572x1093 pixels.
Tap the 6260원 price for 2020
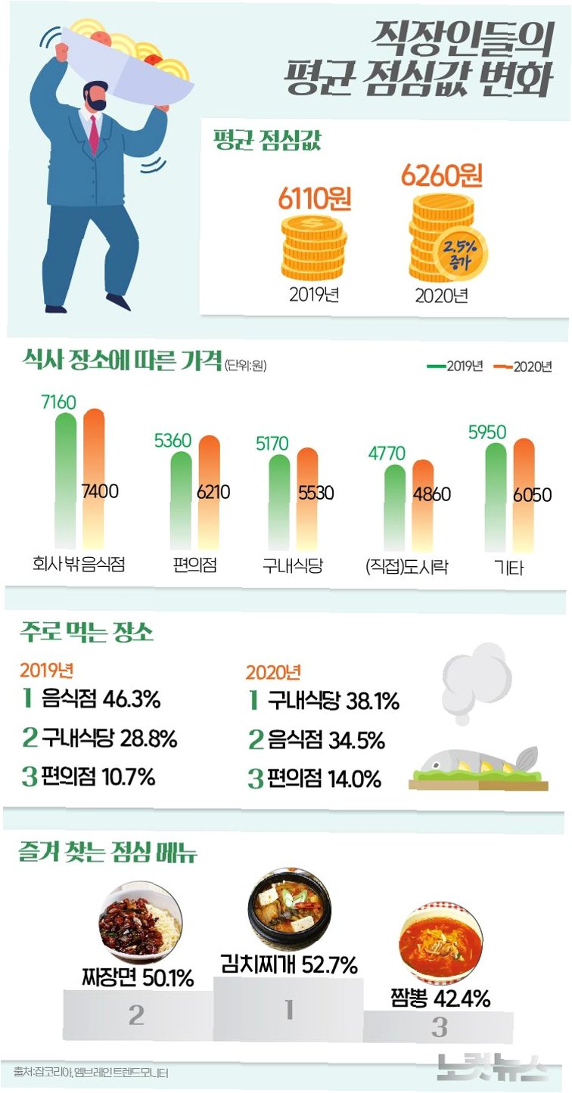[x=442, y=175]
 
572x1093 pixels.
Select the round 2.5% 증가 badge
[x=460, y=254]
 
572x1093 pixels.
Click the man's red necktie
[x=94, y=135]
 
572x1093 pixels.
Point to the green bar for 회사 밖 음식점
[x=66, y=481]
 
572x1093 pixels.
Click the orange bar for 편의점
[x=209, y=493]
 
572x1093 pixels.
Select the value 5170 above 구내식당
[x=272, y=444]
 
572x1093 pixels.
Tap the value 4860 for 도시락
[x=432, y=494]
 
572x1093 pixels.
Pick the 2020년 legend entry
[x=523, y=367]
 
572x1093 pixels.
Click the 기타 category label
[x=508, y=568]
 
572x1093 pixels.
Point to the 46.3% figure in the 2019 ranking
[x=132, y=698]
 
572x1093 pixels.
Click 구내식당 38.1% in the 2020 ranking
[x=333, y=701]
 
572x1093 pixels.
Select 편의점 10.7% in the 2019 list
[x=98, y=776]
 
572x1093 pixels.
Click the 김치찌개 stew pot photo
[x=290, y=908]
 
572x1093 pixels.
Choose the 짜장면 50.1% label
[x=138, y=977]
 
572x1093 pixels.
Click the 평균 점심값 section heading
[x=267, y=140]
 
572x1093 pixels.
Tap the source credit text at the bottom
[x=91, y=1072]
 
